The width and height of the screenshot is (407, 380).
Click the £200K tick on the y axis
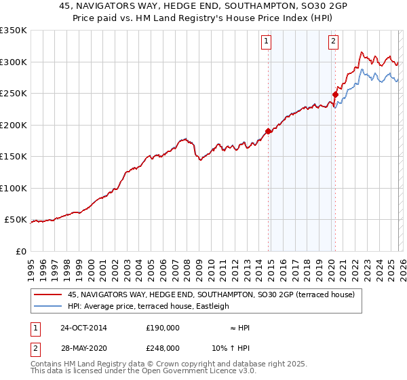pyautogui.click(x=14, y=125)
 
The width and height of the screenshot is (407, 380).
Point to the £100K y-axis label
pyautogui.click(x=14, y=188)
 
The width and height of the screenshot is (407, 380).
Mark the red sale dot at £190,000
pyautogui.click(x=268, y=131)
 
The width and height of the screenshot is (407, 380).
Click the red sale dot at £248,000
pyautogui.click(x=335, y=94)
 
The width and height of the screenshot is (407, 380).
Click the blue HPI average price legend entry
pyautogui.click(x=149, y=306)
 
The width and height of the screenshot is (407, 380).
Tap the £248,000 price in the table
pyautogui.click(x=163, y=347)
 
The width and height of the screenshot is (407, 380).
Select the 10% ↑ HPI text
pyautogui.click(x=231, y=347)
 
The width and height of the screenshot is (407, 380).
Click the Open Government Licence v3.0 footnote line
pyautogui.click(x=144, y=373)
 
